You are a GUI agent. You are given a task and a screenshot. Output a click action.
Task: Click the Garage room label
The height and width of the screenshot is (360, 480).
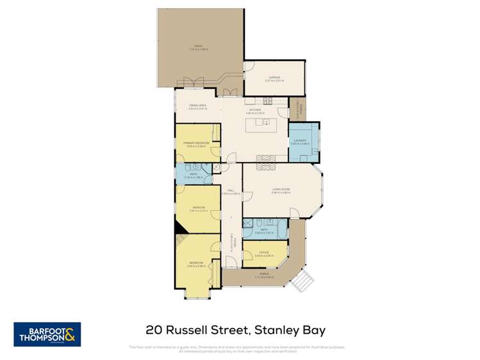point(274,78)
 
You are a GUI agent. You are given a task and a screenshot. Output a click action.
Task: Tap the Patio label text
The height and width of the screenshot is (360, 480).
point(199,46)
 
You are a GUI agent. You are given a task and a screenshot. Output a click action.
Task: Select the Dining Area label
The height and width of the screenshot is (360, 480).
point(197,106)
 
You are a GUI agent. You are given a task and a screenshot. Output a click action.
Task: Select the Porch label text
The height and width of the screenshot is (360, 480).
point(264,275)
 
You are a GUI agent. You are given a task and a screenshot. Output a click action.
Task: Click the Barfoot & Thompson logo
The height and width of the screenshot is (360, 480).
point(47,334)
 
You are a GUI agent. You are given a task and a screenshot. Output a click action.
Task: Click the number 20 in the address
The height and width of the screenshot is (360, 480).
point(154,331)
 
